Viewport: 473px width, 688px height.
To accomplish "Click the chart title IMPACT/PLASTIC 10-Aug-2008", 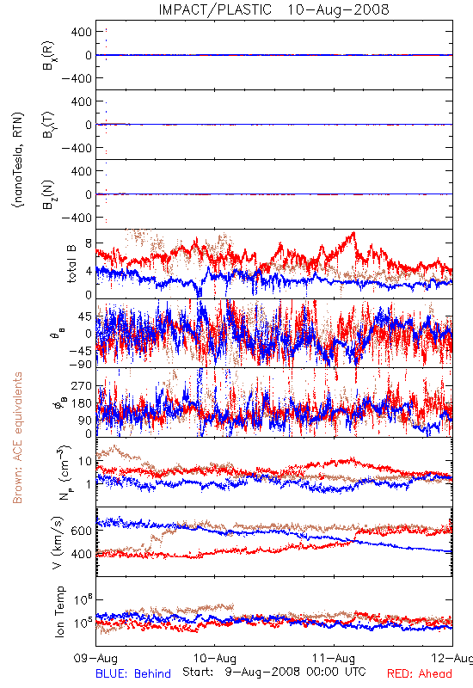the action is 273,9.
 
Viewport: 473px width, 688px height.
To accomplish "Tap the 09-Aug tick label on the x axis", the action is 95,658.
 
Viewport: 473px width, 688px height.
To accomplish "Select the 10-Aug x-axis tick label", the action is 215,658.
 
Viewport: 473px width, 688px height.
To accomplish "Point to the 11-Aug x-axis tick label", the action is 334,658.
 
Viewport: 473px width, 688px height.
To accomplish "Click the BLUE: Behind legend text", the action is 133,673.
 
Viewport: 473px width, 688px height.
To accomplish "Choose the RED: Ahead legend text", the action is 420,673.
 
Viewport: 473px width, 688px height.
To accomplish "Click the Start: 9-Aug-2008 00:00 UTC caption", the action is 274,672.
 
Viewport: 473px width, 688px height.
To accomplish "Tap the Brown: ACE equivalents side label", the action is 17,438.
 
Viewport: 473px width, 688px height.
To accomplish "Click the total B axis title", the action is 71,264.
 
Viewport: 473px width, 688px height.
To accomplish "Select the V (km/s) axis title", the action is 58,543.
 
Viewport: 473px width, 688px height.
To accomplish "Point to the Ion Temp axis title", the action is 59,611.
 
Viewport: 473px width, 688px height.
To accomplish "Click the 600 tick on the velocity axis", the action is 82,531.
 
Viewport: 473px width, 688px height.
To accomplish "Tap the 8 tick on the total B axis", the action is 89,243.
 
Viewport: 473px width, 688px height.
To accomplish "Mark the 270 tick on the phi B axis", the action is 82,385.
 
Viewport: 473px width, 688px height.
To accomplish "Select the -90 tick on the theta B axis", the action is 81,364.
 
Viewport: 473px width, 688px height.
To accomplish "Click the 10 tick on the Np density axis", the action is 85,461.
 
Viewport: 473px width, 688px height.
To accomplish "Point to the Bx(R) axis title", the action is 48,56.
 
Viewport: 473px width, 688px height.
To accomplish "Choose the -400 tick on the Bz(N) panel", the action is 77,218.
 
